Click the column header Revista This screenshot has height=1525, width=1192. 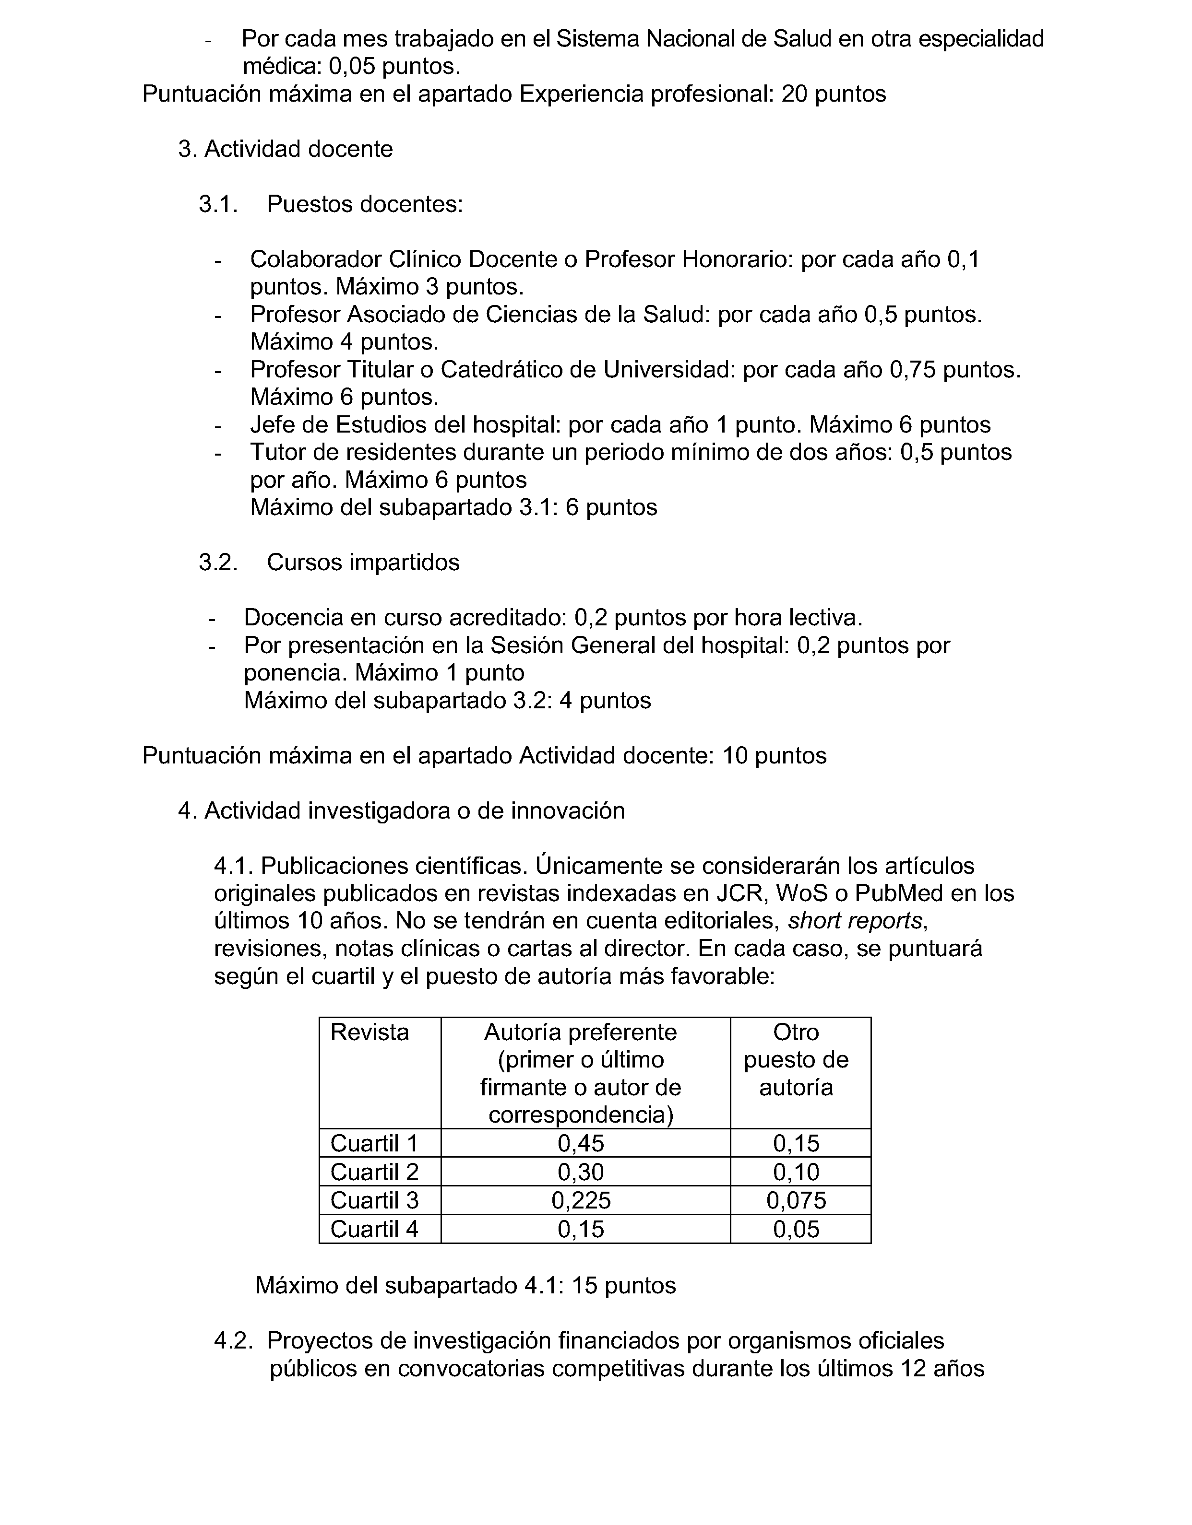pos(370,1032)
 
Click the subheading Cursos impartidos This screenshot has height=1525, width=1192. pos(363,562)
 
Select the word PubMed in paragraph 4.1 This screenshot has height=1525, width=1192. pos(901,893)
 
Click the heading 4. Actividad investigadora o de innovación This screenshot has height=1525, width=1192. pos(401,810)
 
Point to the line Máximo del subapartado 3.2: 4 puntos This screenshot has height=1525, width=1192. pos(447,700)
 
